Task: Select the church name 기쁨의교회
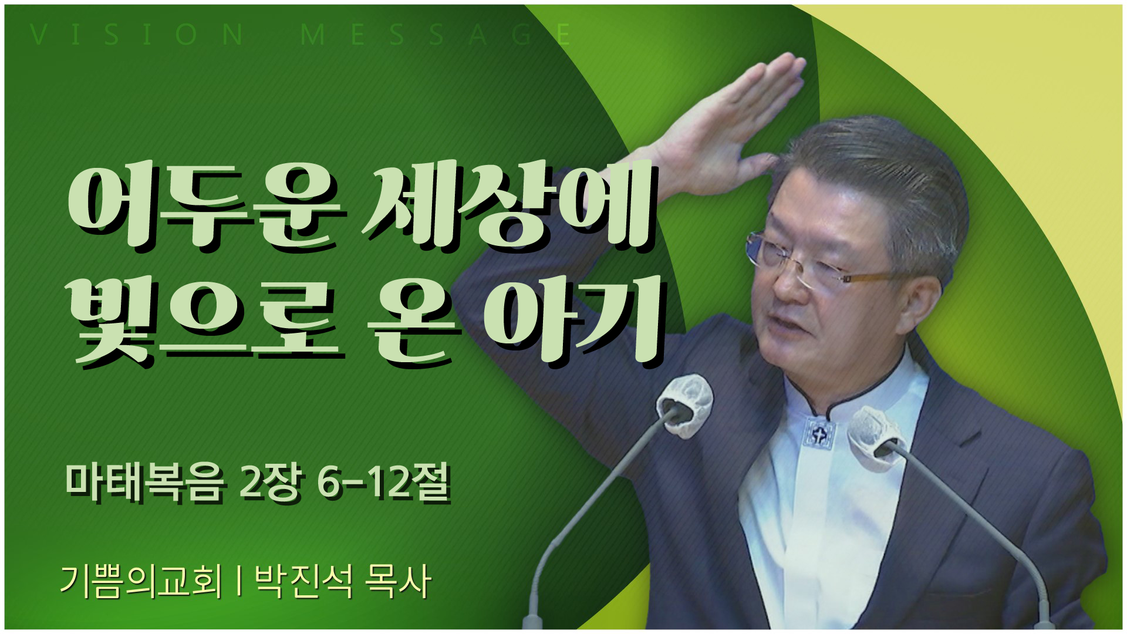pyautogui.click(x=141, y=582)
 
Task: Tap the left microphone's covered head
pyautogui.click(x=684, y=405)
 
